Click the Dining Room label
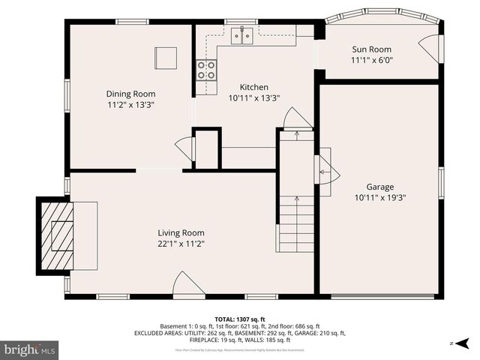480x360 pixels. click(130, 94)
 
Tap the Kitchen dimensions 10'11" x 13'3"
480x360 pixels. click(253, 97)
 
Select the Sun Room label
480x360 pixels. click(372, 49)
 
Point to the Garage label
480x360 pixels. click(379, 187)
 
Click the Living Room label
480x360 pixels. click(181, 232)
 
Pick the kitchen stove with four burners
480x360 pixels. click(206, 70)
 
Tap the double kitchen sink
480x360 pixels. click(241, 34)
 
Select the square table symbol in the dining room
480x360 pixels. click(166, 58)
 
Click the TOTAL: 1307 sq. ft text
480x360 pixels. click(240, 319)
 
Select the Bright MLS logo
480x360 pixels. click(30, 349)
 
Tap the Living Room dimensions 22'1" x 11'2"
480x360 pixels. click(181, 243)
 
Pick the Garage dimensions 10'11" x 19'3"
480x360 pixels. click(379, 197)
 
